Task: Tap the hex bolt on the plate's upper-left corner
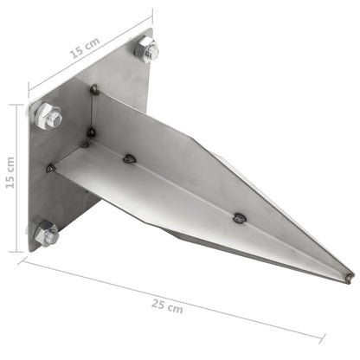pyautogui.click(x=48, y=115)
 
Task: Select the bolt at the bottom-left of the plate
pyautogui.click(x=46, y=232)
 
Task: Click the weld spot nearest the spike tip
pyautogui.click(x=239, y=218)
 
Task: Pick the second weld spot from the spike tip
pyautogui.click(x=130, y=158)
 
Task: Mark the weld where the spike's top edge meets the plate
pyautogui.click(x=93, y=87)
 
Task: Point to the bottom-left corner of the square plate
pyautogui.click(x=30, y=251)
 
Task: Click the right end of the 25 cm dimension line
pyautogui.click(x=324, y=338)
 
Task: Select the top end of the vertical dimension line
pyautogui.click(x=16, y=105)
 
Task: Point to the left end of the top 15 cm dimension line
pyautogui.click(x=28, y=89)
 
